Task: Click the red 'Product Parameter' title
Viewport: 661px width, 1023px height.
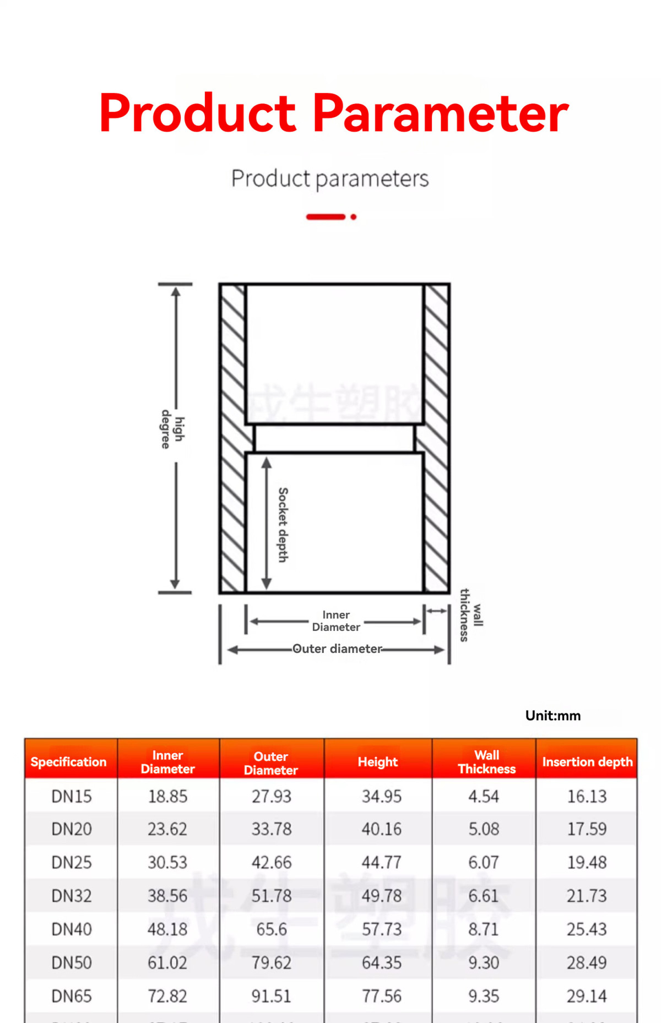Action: click(x=333, y=113)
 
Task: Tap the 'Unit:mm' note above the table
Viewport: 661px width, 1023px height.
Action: click(x=552, y=715)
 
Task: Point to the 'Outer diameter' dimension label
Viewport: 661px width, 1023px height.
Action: click(x=337, y=649)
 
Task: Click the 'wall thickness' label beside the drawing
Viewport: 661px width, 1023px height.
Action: click(x=471, y=614)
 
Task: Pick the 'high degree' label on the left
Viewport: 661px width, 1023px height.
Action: click(x=172, y=429)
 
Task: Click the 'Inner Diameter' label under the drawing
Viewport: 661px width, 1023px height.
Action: click(x=336, y=621)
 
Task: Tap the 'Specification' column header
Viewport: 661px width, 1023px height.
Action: click(x=69, y=761)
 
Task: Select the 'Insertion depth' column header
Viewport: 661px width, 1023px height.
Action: click(x=587, y=761)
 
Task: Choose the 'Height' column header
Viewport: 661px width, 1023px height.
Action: click(x=377, y=761)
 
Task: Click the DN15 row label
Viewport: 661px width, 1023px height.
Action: click(x=72, y=796)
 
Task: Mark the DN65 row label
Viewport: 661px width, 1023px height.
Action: click(x=72, y=996)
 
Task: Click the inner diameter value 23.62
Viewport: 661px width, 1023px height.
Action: click(x=167, y=829)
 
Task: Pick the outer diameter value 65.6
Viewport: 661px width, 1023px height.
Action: click(x=272, y=929)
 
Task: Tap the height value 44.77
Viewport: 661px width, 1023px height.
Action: click(x=381, y=862)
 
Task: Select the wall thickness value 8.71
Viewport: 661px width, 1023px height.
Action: click(x=483, y=929)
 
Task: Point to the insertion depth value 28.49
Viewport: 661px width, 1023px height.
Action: click(x=587, y=962)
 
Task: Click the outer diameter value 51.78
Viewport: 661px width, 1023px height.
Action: click(x=272, y=896)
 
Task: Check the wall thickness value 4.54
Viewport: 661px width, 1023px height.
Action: click(x=483, y=796)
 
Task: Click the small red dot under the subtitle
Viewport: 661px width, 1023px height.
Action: click(x=354, y=217)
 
